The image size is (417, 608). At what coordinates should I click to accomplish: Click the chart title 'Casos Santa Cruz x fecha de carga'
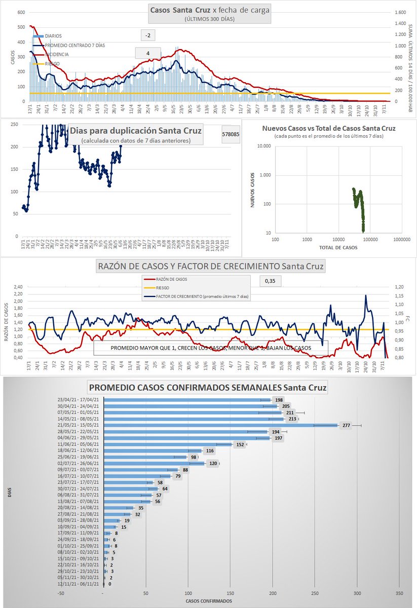pyautogui.click(x=209, y=11)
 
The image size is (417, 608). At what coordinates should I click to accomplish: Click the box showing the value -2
pyautogui.click(x=147, y=35)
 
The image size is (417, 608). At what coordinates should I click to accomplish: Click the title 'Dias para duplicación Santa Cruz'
pyautogui.click(x=135, y=131)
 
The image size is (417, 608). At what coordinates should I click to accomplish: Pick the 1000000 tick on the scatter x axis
pyautogui.click(x=401, y=239)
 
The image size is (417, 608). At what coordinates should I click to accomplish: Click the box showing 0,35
pyautogui.click(x=270, y=280)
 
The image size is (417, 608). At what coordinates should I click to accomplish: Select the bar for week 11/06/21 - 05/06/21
pyautogui.click(x=168, y=444)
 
